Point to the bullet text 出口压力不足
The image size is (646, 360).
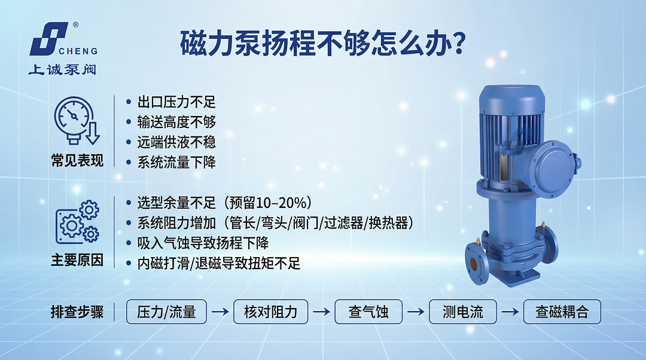pos(176,102)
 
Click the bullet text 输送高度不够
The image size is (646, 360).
pos(176,122)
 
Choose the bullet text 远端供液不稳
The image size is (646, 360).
pos(176,142)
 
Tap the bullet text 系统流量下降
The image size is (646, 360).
pos(176,161)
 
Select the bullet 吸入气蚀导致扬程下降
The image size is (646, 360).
pos(203,243)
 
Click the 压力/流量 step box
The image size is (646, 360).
pos(166,312)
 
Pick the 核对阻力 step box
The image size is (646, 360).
pos(270,312)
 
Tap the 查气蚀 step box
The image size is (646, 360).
pos(368,312)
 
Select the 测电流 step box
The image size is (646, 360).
pos(463,312)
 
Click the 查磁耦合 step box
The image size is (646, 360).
pos(562,312)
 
